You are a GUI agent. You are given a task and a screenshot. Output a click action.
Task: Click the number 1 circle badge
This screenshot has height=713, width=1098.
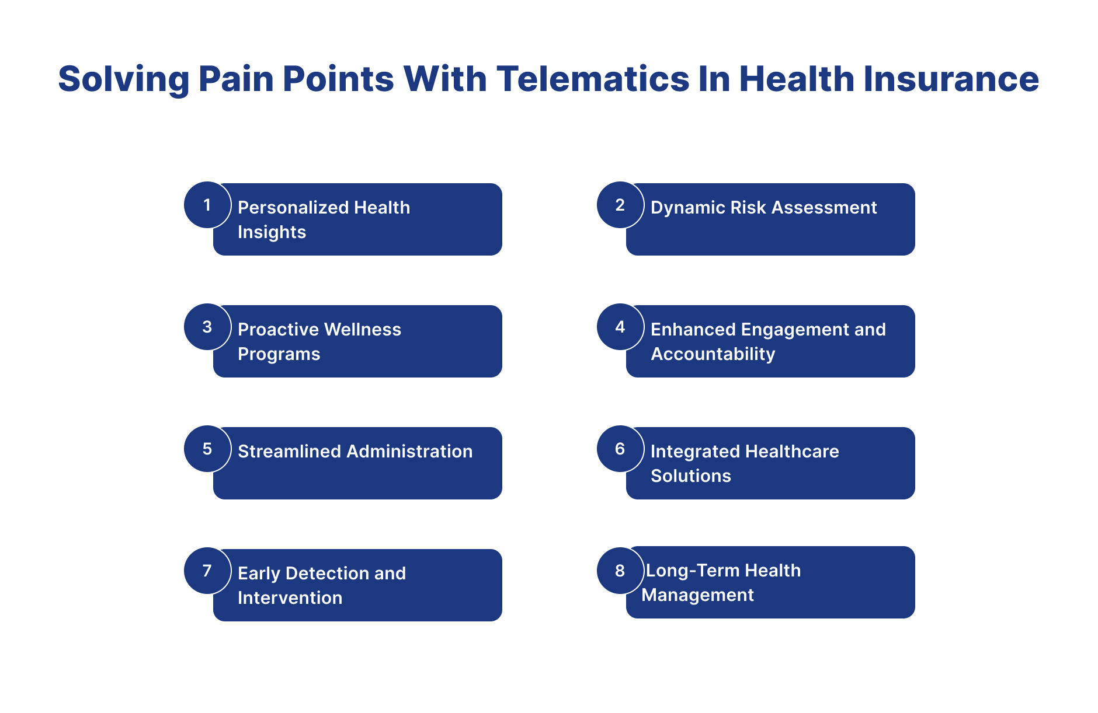click(207, 205)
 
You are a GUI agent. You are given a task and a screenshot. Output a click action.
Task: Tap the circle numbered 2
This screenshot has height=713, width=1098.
click(620, 205)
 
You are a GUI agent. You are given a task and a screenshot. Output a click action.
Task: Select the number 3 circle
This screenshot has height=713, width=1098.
click(207, 327)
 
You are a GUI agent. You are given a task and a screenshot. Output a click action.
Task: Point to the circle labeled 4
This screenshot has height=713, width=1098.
click(620, 327)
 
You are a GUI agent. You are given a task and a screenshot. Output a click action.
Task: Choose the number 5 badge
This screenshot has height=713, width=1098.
click(207, 449)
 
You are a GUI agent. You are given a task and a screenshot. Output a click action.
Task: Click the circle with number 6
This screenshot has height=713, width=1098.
click(620, 449)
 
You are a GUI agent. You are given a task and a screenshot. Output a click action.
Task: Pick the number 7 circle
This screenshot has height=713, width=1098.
click(207, 571)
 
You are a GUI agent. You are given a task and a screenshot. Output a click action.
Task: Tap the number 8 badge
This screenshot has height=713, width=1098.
click(620, 571)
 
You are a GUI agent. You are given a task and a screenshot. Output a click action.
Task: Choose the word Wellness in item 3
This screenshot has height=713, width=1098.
click(364, 329)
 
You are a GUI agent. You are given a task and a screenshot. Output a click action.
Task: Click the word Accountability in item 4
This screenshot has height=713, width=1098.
click(713, 354)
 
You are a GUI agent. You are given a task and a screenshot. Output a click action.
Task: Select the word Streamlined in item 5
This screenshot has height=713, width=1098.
click(290, 451)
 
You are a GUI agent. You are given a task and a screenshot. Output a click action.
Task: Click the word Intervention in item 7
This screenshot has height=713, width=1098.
click(290, 597)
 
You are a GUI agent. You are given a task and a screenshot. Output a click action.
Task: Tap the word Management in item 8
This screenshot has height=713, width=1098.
click(697, 595)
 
